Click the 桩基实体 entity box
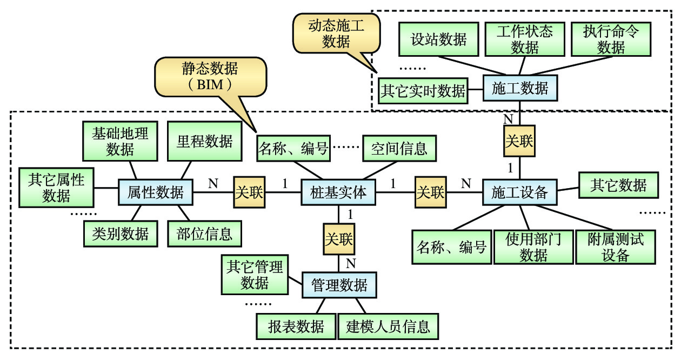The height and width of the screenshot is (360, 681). tap(338, 192)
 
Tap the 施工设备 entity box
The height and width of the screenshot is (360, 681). tap(519, 192)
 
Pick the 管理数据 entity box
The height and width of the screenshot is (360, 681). tap(339, 285)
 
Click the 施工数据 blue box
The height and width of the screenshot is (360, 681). tap(519, 88)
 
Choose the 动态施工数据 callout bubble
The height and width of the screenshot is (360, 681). tap(336, 34)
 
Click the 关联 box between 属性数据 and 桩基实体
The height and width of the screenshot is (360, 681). tap(249, 192)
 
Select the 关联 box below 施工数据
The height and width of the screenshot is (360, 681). tap(519, 141)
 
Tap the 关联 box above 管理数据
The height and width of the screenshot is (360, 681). tap(339, 238)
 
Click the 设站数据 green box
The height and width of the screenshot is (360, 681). tap(438, 39)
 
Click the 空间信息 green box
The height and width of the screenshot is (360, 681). tap(399, 148)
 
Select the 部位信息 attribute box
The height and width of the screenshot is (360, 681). tap(204, 233)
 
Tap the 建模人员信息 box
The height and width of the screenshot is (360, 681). tap(388, 326)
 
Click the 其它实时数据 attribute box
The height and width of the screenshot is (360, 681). tap(423, 90)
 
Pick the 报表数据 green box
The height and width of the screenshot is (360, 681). tap(296, 326)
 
